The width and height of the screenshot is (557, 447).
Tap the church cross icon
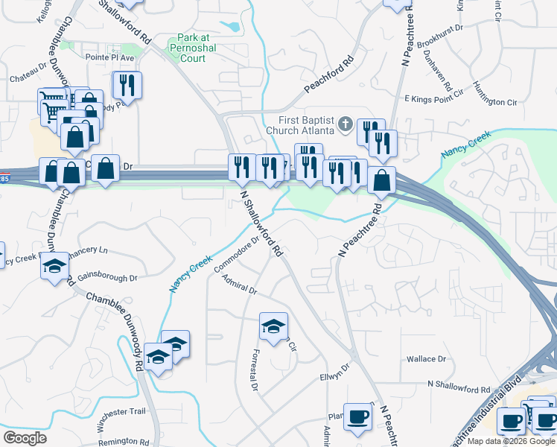click(x=345, y=124)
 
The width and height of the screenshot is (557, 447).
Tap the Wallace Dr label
click(x=426, y=359)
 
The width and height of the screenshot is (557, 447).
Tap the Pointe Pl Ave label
click(x=109, y=57)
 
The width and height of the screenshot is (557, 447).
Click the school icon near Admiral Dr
click(x=273, y=326)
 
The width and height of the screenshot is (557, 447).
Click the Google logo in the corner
click(x=25, y=438)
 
